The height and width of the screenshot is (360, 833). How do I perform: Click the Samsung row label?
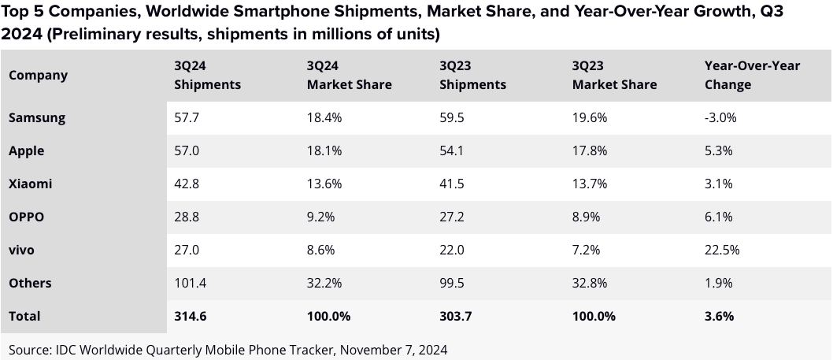pos(36,117)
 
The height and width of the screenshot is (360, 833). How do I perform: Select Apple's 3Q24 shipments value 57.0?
pos(187,150)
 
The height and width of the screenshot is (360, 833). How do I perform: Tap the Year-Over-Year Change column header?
pos(751,75)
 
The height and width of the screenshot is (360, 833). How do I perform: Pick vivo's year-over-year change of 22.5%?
pos(721,250)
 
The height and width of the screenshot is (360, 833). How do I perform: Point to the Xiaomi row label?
pos(31,184)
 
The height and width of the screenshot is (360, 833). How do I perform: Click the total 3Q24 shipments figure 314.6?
pos(191,316)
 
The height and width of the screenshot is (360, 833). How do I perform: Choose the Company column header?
pos(38,75)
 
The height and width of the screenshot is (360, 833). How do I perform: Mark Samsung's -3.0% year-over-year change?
pos(720,117)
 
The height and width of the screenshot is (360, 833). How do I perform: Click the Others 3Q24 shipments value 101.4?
pos(191,283)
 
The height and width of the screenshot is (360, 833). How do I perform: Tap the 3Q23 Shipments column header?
pos(472,75)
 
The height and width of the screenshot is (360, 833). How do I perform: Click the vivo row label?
pos(24,250)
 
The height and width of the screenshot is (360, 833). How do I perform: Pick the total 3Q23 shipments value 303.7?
pos(456,316)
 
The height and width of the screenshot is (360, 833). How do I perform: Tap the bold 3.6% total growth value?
pos(719,316)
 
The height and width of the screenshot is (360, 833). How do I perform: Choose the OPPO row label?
pos(26,217)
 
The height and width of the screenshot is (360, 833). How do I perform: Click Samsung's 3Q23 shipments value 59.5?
pos(453,117)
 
